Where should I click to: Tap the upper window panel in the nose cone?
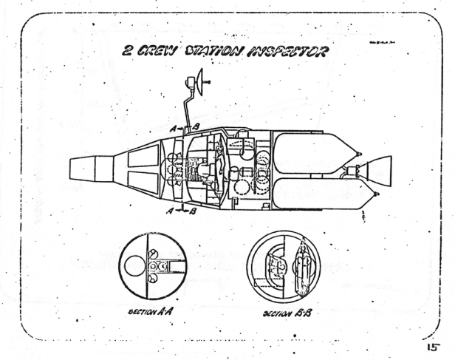tap(140, 156)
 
